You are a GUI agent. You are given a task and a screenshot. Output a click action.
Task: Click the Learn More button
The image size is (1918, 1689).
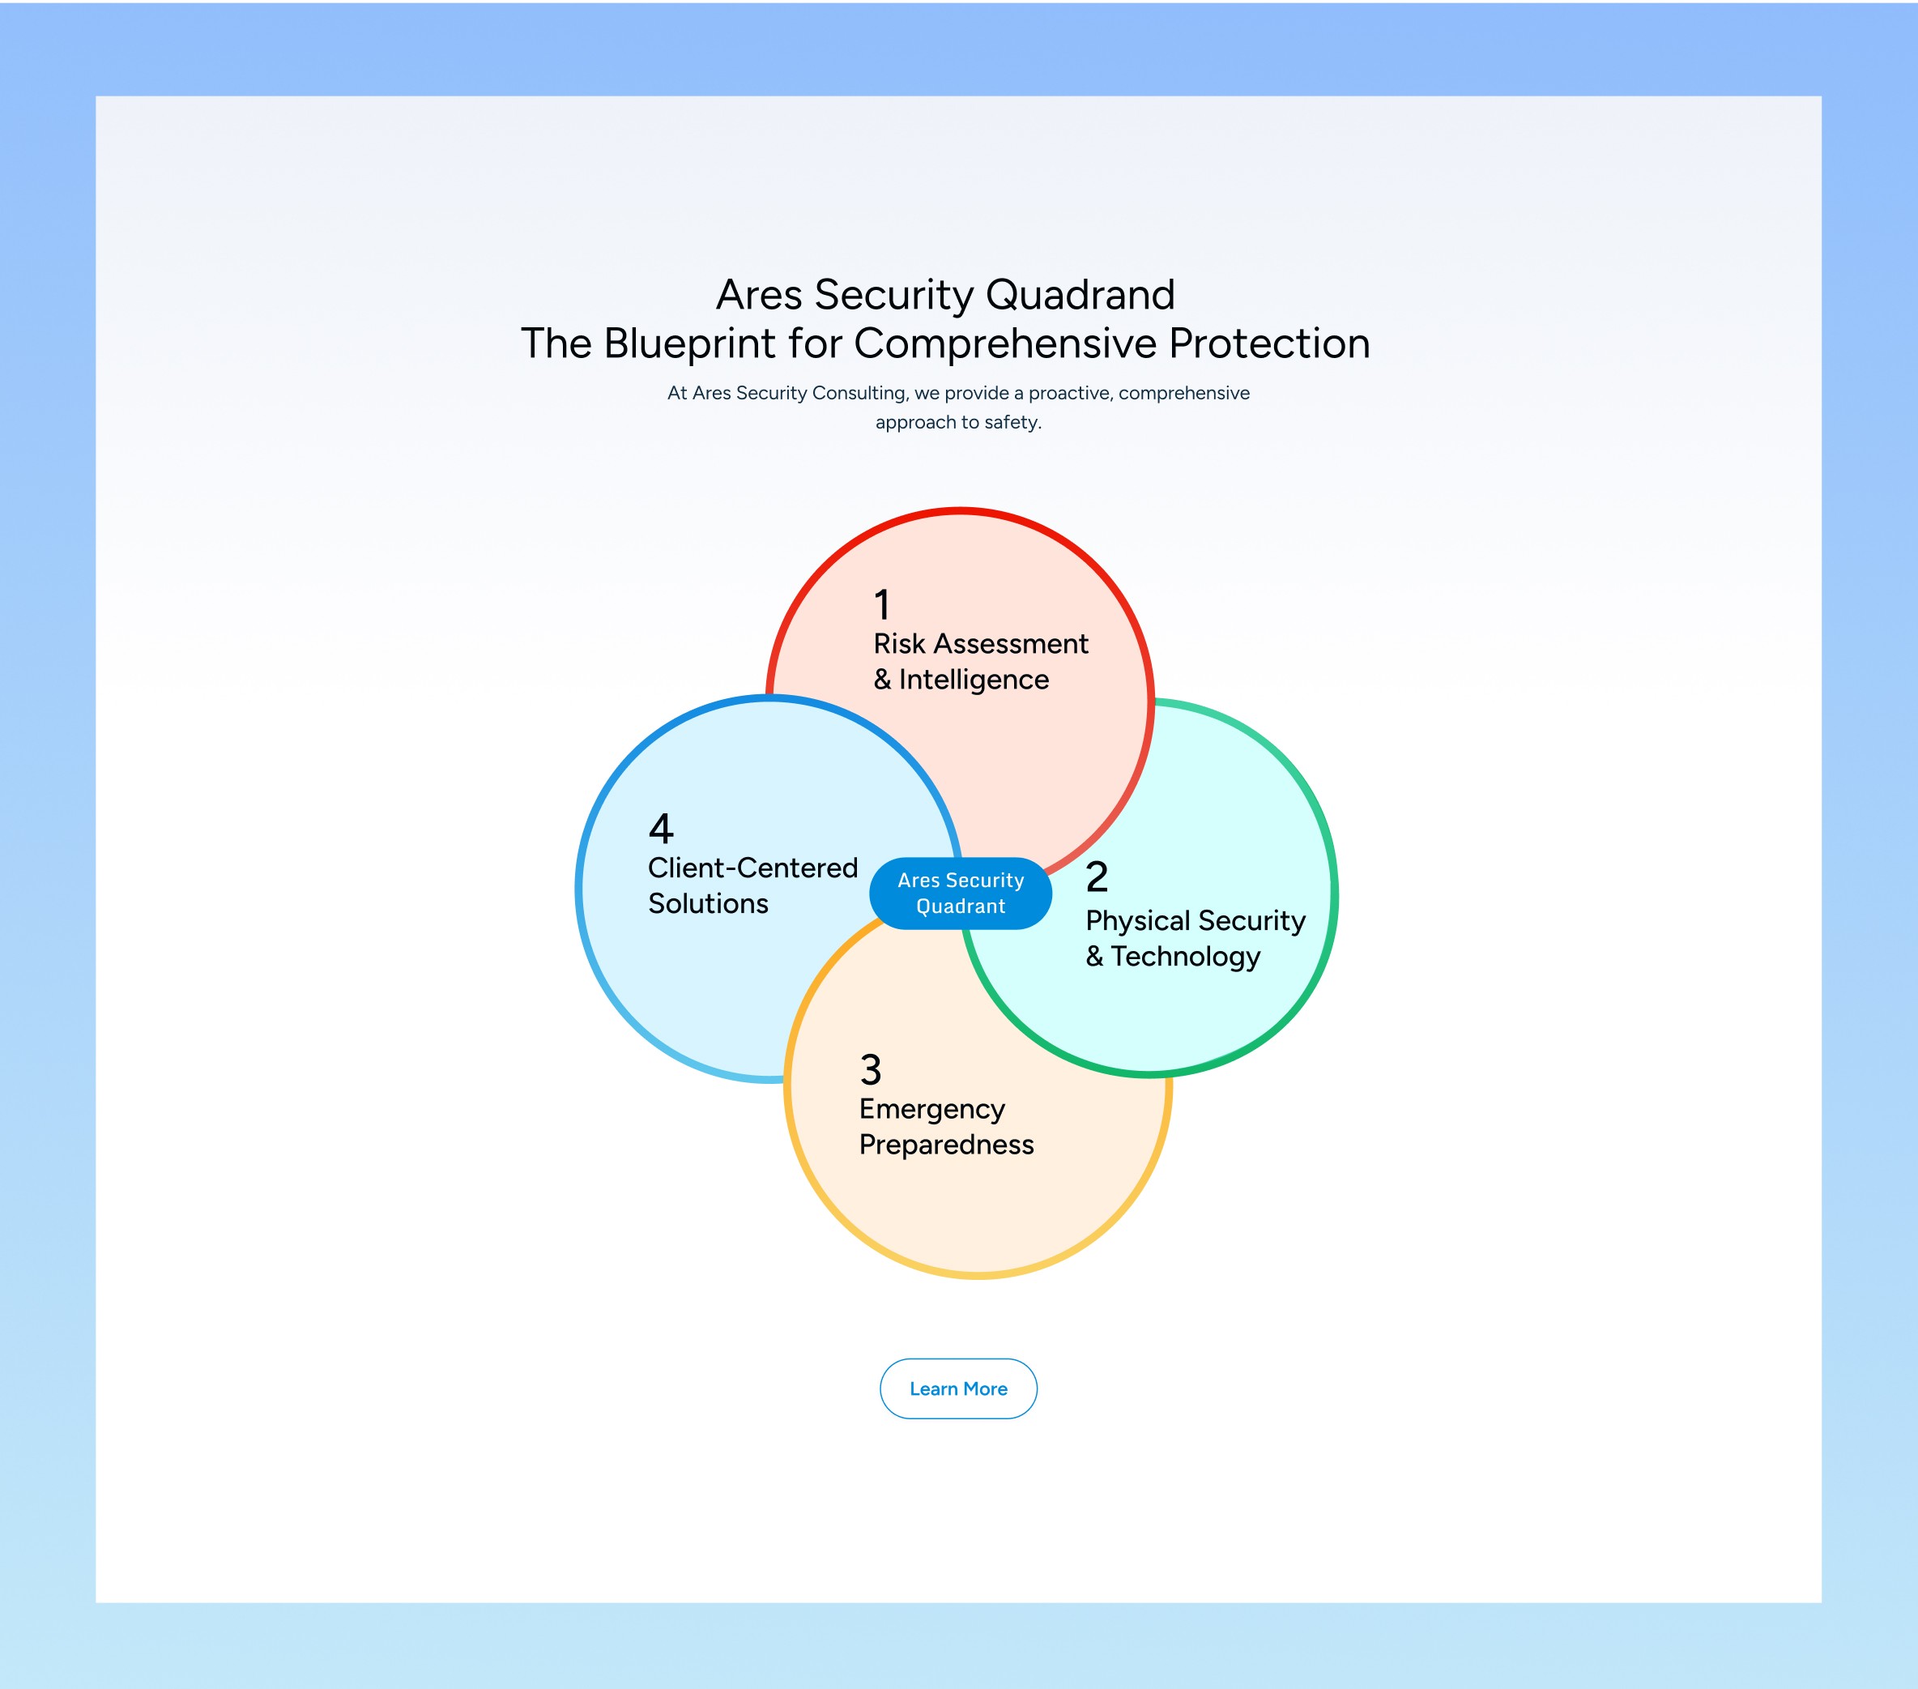pos(958,1388)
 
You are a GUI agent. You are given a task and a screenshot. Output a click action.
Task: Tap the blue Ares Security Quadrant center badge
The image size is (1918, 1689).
pos(960,894)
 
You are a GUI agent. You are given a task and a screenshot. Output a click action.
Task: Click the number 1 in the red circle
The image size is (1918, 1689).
pos(882,605)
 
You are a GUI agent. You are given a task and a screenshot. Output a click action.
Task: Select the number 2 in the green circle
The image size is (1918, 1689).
pos(1097,877)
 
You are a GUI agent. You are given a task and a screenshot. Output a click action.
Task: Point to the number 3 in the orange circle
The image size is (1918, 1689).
pos(871,1069)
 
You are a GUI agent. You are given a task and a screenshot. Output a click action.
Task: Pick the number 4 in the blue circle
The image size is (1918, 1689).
pos(661,829)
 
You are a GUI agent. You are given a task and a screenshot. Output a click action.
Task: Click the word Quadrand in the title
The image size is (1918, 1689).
pos(1080,295)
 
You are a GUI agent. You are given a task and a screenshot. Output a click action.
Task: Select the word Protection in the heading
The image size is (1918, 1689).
pos(1269,343)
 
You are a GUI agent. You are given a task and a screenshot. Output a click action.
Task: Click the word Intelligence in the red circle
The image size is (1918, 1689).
pos(974,680)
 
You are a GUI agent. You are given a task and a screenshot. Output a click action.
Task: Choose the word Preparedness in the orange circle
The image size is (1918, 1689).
pos(947,1145)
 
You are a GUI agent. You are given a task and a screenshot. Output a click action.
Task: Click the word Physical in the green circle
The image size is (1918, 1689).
pos(1138,920)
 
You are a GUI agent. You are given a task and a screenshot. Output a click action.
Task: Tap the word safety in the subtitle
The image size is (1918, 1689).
pos(1011,422)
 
